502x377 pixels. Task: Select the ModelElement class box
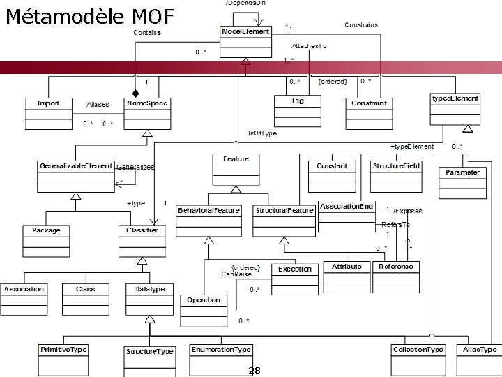click(246, 41)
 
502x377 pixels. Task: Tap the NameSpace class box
click(147, 112)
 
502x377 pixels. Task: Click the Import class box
click(48, 112)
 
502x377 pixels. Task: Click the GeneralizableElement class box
click(76, 175)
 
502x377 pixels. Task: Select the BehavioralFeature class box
click(208, 219)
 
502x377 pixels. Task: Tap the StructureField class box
click(396, 175)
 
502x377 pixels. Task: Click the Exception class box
click(295, 277)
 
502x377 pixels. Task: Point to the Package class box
click(46, 239)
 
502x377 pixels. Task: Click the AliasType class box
click(480, 357)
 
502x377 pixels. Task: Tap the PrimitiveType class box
click(63, 357)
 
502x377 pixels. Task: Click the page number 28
click(254, 370)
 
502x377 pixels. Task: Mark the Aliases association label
click(98, 105)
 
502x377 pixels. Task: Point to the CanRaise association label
click(236, 274)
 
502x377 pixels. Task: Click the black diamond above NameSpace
click(137, 92)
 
